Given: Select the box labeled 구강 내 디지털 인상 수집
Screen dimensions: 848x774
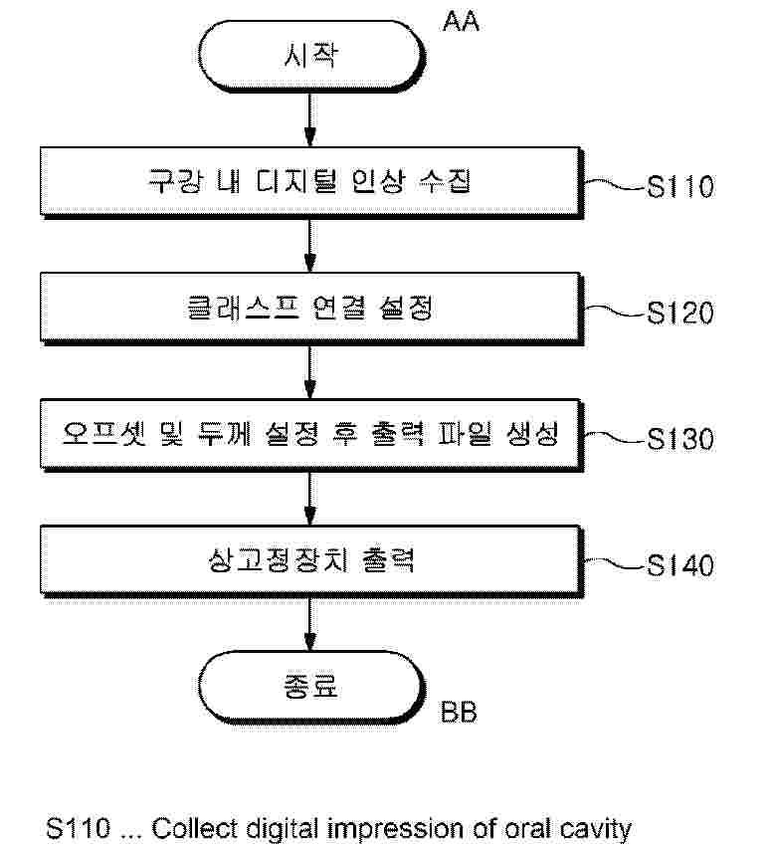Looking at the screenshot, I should point(311,184).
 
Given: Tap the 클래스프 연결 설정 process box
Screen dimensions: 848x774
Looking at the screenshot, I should point(311,310).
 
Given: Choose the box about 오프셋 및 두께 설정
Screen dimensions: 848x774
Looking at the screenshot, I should point(311,436).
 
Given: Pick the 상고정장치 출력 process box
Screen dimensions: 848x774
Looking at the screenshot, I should point(311,561).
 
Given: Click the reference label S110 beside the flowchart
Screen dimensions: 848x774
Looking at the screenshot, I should point(679,187).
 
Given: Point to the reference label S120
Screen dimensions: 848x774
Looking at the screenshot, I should point(679,314).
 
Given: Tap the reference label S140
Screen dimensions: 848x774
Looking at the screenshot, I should point(679,565).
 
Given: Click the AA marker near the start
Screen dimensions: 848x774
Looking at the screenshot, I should point(461,21).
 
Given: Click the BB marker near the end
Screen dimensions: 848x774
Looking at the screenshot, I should point(458,714).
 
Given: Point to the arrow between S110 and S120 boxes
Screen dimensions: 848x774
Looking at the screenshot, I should point(311,247).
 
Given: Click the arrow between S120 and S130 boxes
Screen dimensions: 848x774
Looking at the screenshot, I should point(311,373).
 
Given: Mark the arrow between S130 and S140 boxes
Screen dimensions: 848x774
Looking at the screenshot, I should point(311,499).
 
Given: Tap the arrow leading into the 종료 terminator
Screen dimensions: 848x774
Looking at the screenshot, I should point(311,623).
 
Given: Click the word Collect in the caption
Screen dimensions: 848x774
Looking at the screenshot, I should point(188,828).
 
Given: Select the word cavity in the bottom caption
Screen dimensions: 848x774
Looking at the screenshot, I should point(595,828).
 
